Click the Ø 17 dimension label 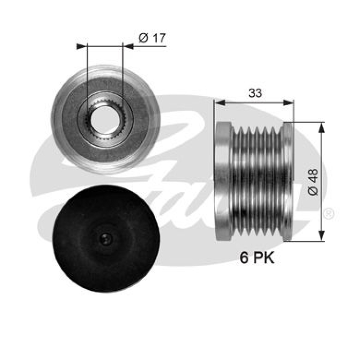(152, 38)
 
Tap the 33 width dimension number (255, 93)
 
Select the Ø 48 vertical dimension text (313, 181)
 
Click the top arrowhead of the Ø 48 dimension (321, 126)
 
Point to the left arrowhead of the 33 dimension (219, 103)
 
